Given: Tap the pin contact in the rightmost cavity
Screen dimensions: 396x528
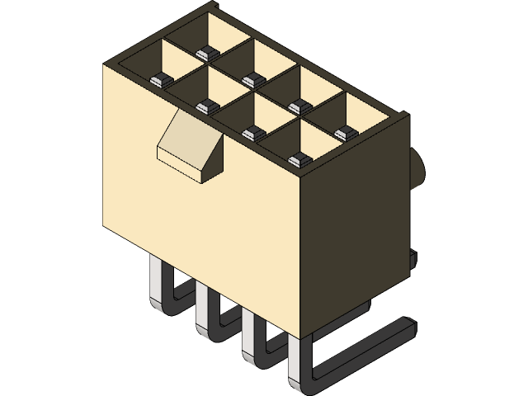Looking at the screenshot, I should pyautogui.click(x=341, y=132).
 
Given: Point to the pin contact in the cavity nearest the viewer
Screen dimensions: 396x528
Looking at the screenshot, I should pyautogui.click(x=296, y=159).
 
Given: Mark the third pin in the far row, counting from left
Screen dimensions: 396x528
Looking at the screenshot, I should pyautogui.click(x=295, y=106).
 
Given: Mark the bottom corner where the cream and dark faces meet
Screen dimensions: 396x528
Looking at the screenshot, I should pyautogui.click(x=304, y=337).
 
